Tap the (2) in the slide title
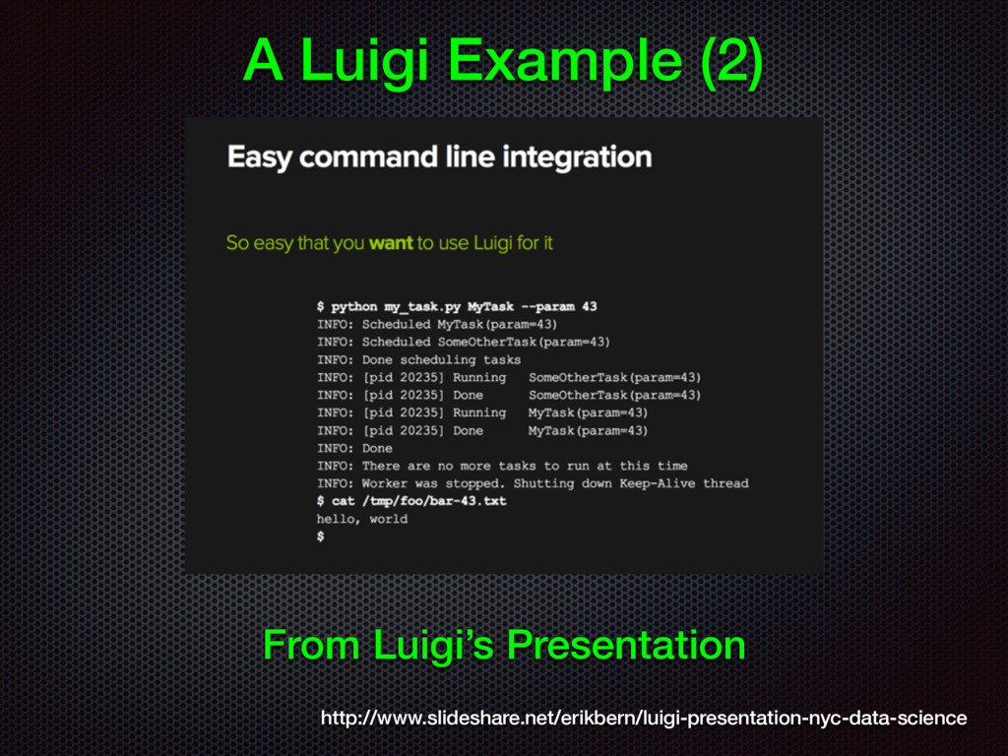pyautogui.click(x=731, y=60)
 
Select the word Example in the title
pyautogui.click(x=565, y=62)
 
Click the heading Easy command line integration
pyautogui.click(x=440, y=157)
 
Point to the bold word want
pyautogui.click(x=391, y=243)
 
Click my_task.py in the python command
pyautogui.click(x=422, y=307)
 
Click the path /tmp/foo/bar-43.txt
pyautogui.click(x=434, y=501)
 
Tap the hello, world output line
pyautogui.click(x=362, y=520)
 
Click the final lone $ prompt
pyautogui.click(x=320, y=536)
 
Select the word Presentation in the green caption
pyautogui.click(x=626, y=645)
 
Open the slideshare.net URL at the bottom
pyautogui.click(x=644, y=718)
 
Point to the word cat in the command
pyautogui.click(x=344, y=501)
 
